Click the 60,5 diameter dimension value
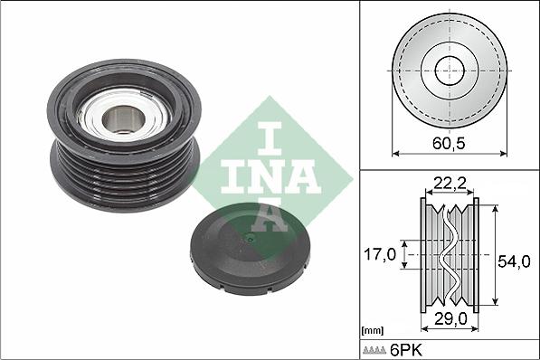point(449,142)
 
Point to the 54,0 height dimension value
point(515,261)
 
